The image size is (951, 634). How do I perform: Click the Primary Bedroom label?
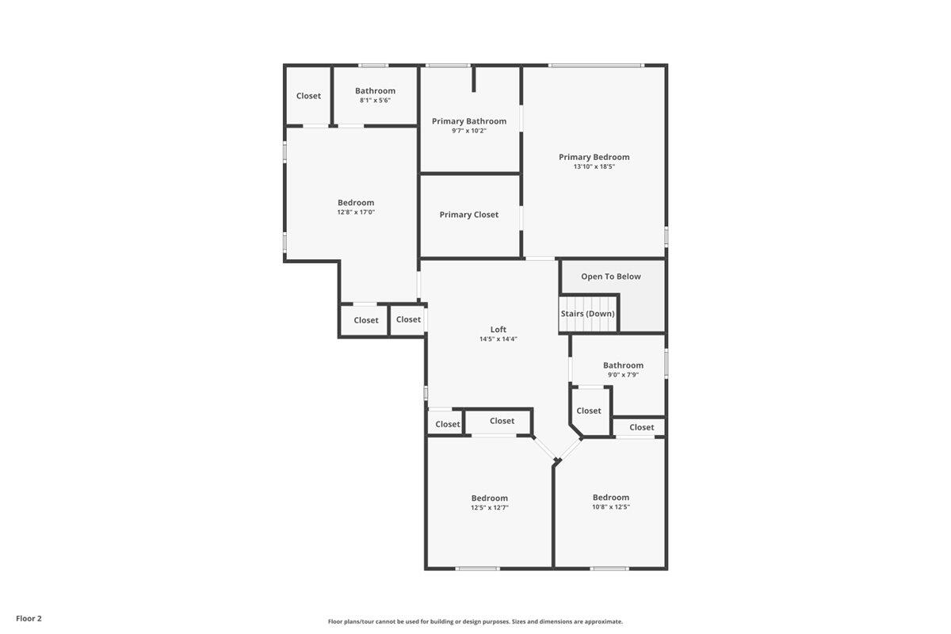594,157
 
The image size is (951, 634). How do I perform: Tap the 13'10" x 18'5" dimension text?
594,166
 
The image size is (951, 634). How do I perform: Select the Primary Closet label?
469,215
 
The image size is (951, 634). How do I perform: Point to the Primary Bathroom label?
469,121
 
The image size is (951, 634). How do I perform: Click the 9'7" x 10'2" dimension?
469,131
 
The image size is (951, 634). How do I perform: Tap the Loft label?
498,330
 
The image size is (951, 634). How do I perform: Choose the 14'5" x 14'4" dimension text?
498,339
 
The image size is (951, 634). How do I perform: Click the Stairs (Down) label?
588,314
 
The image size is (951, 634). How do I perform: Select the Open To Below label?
611,277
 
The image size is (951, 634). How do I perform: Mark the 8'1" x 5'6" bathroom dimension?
375,101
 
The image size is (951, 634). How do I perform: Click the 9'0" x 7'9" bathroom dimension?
623,375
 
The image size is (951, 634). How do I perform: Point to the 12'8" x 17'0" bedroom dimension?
356,212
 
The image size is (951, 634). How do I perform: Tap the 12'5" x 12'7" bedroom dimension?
490,507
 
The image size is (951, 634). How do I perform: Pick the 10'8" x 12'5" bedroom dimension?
611,507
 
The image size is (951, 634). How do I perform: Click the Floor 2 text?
29,618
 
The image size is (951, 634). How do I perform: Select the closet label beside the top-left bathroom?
309,96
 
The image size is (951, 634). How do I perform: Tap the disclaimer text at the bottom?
475,622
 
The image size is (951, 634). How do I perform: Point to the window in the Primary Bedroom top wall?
596,65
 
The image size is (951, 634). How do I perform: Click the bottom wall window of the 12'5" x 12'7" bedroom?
478,568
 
